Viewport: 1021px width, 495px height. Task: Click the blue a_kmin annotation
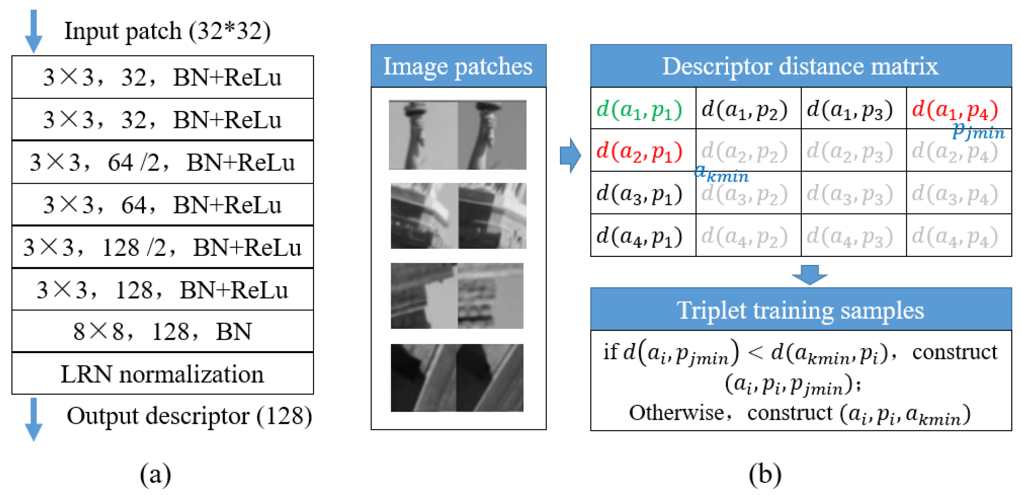pos(721,173)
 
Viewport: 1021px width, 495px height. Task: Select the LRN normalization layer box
pos(163,374)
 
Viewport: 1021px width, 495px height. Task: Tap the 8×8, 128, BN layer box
pos(163,331)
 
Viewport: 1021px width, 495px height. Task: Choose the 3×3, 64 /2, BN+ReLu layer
pos(163,162)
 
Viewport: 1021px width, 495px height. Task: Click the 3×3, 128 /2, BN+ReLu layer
pos(163,248)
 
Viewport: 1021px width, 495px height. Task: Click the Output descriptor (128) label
pos(189,416)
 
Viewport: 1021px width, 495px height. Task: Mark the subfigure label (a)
pos(156,474)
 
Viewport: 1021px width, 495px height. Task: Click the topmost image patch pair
pos(457,135)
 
